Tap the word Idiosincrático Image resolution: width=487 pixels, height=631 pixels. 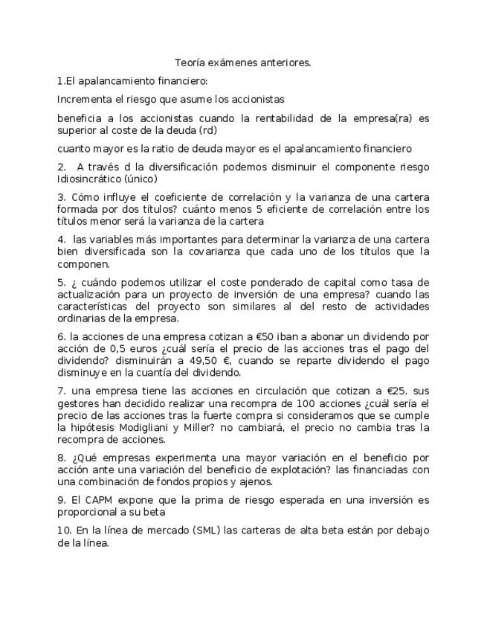pos(94,178)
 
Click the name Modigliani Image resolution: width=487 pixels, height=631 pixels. pos(131,427)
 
